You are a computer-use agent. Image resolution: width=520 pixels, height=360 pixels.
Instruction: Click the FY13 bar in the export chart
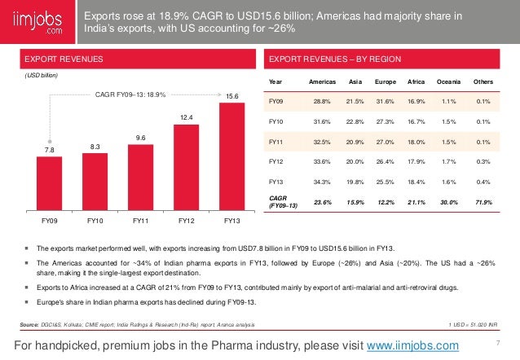click(232, 155)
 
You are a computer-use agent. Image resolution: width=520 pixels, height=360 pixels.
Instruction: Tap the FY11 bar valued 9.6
click(141, 175)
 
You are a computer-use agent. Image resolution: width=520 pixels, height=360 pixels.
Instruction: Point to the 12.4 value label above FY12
click(187, 117)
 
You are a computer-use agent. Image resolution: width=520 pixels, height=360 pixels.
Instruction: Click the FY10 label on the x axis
click(95, 220)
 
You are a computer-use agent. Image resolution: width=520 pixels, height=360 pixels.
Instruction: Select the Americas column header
click(323, 82)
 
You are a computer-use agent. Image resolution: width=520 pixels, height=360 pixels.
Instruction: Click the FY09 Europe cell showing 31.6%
click(386, 102)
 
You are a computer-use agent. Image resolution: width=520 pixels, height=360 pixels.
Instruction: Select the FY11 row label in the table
click(277, 142)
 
